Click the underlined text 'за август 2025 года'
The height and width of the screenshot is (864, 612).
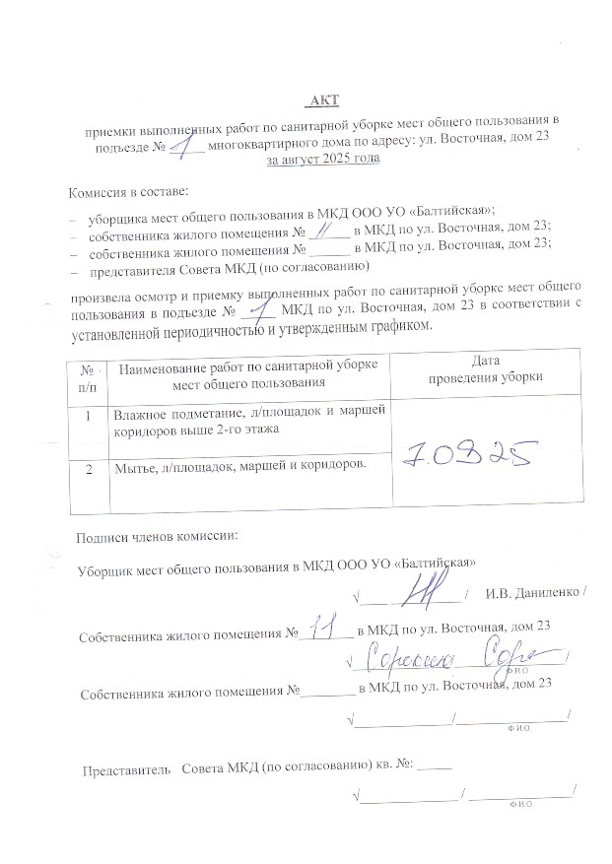(x=321, y=158)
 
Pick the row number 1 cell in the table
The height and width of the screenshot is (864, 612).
(x=88, y=416)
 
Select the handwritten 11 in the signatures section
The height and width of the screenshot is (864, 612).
(x=320, y=628)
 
